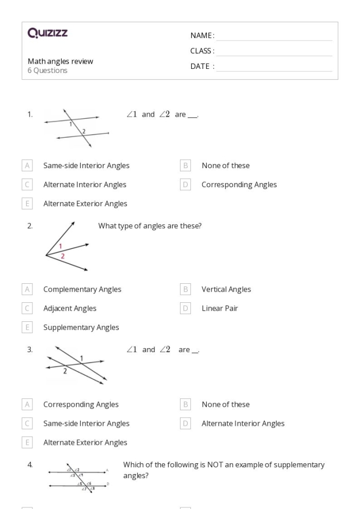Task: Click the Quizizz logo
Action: pos(47,34)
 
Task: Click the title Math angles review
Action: pos(60,61)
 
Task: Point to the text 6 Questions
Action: pos(47,70)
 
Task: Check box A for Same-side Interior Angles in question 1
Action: pos(27,166)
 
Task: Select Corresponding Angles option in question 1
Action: pos(239,185)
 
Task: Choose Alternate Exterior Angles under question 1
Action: pos(85,204)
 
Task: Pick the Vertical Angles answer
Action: pos(226,289)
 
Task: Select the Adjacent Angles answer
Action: pos(69,308)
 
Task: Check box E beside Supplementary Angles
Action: pos(27,328)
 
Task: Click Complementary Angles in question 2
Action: pos(82,289)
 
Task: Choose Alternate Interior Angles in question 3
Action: pos(243,424)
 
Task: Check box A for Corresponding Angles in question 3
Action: pos(27,405)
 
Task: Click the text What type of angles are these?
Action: pos(149,225)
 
